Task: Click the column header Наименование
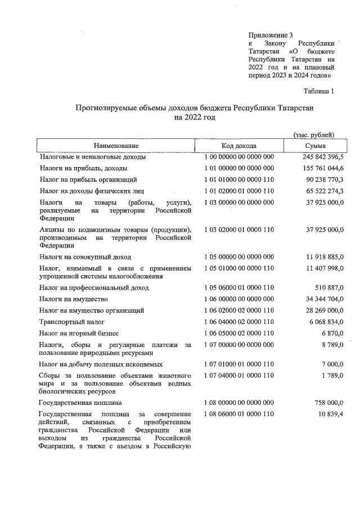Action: (x=116, y=146)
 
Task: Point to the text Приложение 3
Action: (x=270, y=35)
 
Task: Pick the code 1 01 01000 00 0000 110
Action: (x=238, y=179)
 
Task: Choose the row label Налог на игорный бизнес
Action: (x=79, y=334)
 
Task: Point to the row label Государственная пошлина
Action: (x=80, y=403)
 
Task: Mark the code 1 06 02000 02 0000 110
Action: (x=238, y=310)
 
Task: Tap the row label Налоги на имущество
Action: (x=73, y=299)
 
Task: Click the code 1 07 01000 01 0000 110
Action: (x=238, y=364)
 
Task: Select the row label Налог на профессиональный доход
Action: (x=94, y=287)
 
